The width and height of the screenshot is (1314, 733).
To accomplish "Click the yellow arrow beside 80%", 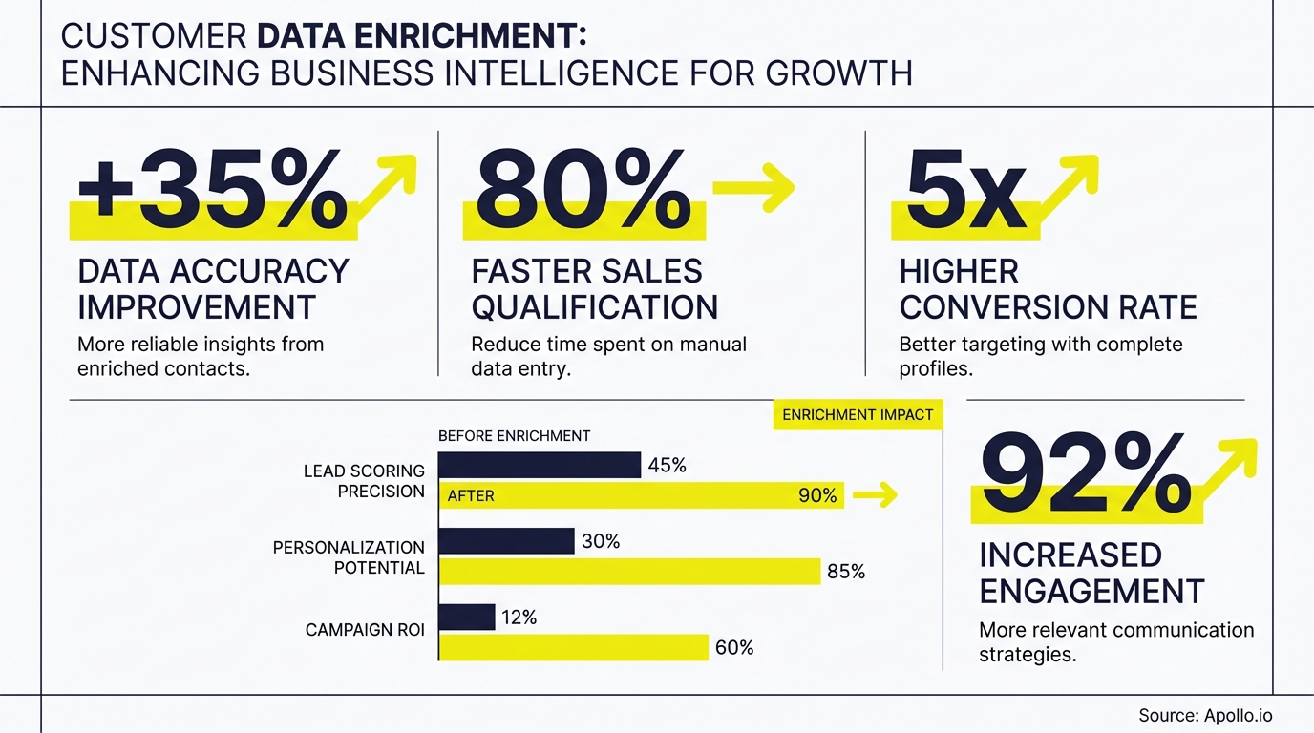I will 753,185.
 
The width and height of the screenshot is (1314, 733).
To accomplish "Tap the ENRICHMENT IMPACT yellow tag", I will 857,415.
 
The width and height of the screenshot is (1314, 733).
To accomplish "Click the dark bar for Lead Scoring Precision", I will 540,465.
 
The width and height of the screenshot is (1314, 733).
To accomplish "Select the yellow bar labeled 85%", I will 629,571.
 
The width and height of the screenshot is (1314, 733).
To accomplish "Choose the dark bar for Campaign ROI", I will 467,618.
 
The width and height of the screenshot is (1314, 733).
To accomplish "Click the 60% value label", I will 733,648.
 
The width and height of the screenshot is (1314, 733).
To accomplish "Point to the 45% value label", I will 667,466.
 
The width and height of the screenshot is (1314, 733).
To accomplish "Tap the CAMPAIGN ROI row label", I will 365,630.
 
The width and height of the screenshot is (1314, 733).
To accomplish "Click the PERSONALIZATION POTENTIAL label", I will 349,557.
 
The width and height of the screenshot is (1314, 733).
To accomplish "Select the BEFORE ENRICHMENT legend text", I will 514,436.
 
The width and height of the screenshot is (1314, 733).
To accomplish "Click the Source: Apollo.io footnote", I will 1205,715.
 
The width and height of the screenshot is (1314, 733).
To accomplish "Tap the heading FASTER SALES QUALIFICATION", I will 594,289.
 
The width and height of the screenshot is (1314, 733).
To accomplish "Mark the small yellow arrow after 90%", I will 875,494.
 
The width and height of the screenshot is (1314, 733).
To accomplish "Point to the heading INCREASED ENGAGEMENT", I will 1091,573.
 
